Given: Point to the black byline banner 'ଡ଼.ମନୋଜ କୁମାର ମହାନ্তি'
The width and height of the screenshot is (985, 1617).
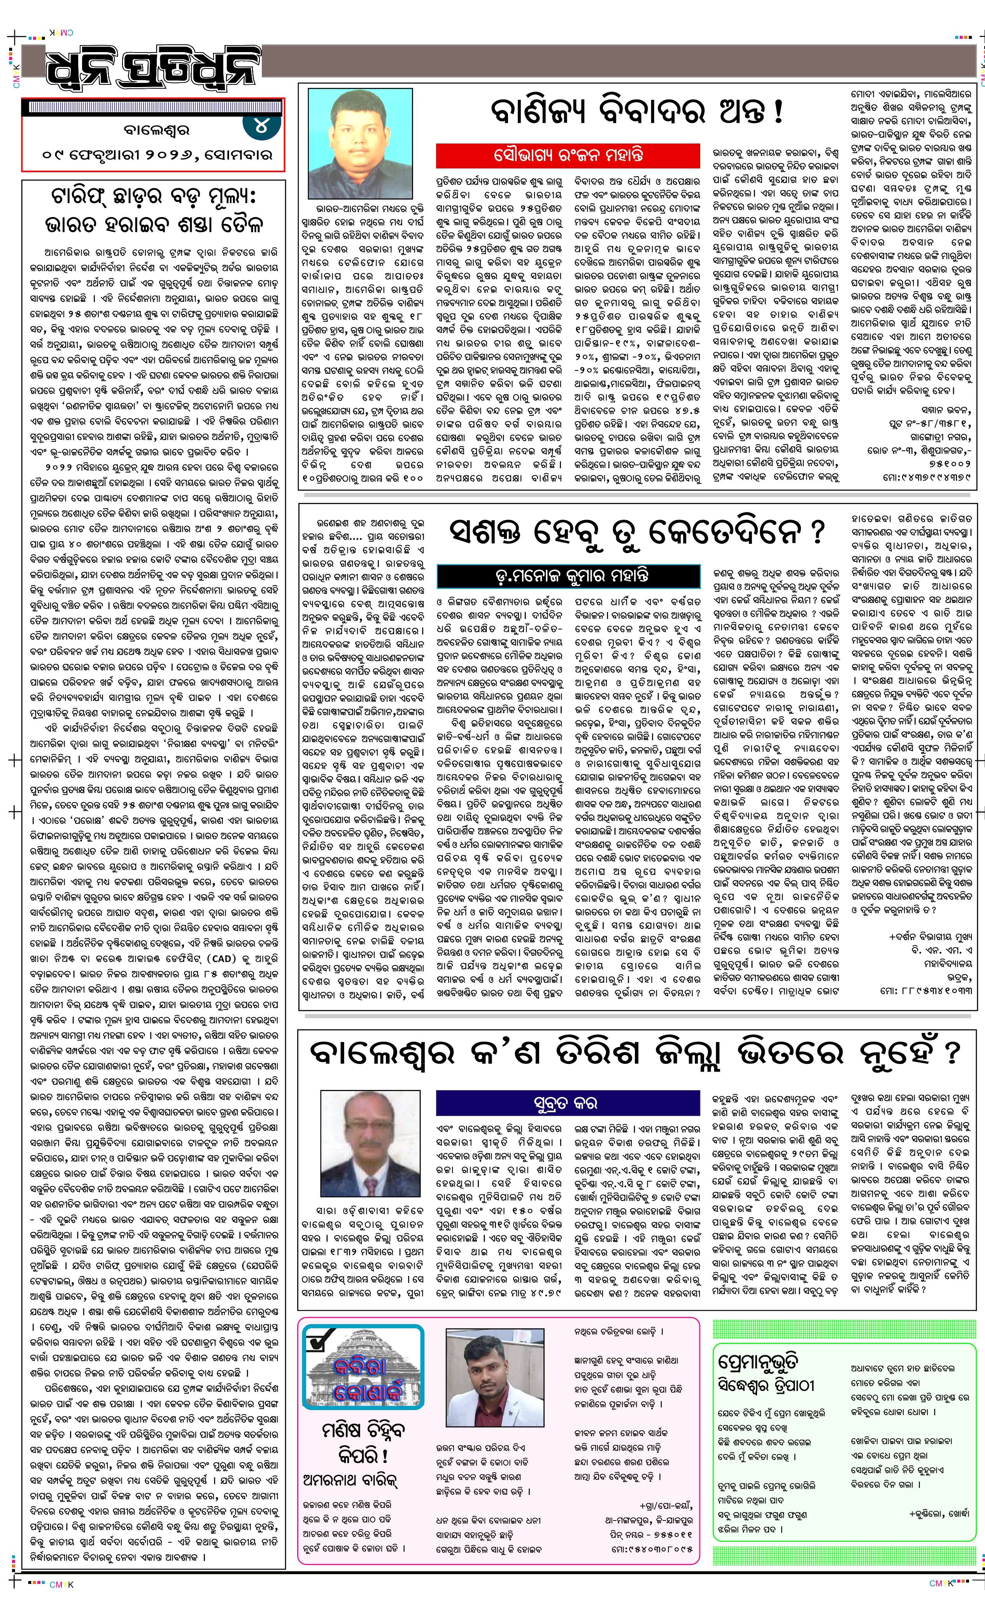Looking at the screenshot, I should (x=568, y=576).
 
